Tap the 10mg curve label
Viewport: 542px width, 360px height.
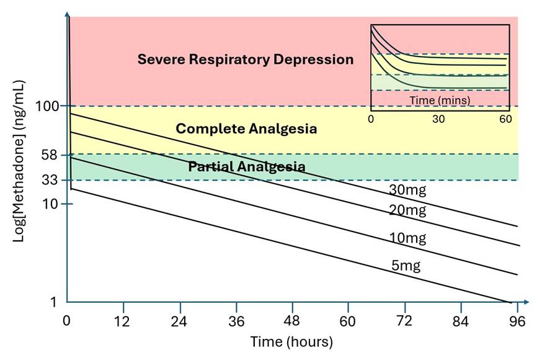407,238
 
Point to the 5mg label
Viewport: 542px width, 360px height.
406,266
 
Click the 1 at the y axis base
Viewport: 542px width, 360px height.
53,302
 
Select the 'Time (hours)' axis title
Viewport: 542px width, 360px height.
291,342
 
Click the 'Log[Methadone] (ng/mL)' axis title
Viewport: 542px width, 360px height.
20,161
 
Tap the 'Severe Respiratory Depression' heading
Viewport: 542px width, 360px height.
245,60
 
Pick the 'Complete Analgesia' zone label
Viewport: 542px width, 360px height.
246,129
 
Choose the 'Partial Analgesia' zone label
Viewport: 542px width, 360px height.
246,167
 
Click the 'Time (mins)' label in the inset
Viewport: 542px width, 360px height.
440,99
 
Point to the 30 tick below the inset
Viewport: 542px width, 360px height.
439,119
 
